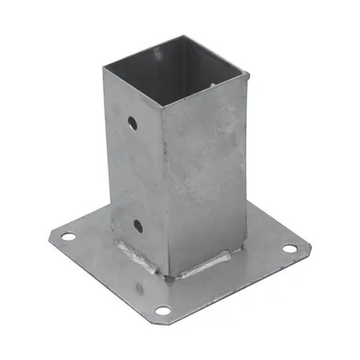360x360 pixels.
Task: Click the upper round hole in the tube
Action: pyautogui.click(x=132, y=123)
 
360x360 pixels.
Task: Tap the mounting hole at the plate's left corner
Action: pyautogui.click(x=68, y=236)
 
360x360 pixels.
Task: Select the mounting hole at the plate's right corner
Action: pyautogui.click(x=289, y=248)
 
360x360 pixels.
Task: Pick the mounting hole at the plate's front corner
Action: pyautogui.click(x=163, y=310)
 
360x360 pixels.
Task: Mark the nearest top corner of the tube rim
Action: pyautogui.click(x=161, y=107)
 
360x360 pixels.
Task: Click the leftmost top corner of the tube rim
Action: pyautogui.click(x=104, y=68)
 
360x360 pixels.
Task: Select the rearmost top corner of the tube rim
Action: pyautogui.click(x=184, y=36)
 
